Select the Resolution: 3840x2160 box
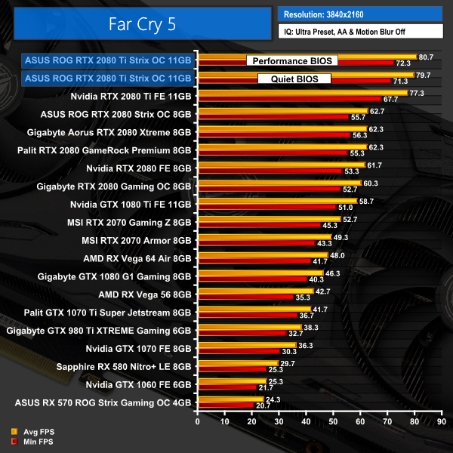click(x=359, y=14)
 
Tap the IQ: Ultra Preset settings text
click(x=359, y=32)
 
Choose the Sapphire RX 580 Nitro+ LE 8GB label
click(x=124, y=367)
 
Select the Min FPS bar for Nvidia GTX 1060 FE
click(x=226, y=387)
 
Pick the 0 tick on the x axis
click(x=198, y=421)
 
